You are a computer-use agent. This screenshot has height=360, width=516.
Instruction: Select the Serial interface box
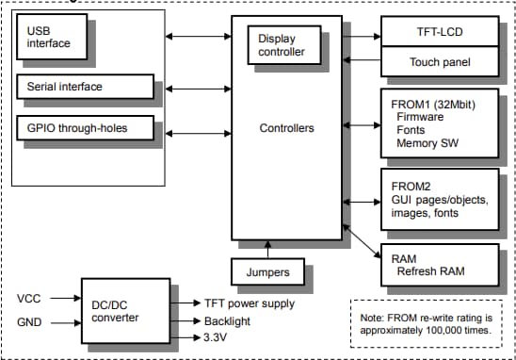pyautogui.click(x=83, y=87)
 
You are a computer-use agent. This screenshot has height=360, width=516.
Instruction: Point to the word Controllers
pyautogui.click(x=287, y=127)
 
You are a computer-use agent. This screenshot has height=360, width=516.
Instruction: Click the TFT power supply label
pyautogui.click(x=250, y=303)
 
